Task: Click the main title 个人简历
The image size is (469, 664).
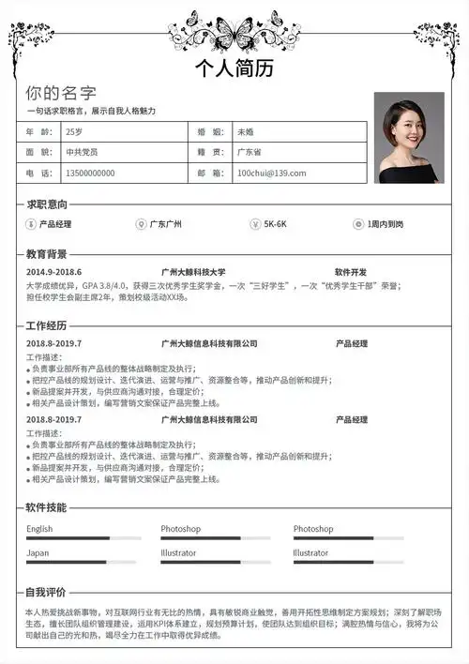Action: click(234, 68)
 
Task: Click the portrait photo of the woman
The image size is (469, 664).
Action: click(408, 137)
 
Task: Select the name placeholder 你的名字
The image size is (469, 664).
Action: click(61, 93)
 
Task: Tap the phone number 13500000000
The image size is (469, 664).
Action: click(90, 173)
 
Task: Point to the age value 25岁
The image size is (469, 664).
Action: click(74, 131)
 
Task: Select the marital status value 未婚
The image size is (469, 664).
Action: click(245, 131)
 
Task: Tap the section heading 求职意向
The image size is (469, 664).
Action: click(46, 204)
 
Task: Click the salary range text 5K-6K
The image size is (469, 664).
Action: click(275, 224)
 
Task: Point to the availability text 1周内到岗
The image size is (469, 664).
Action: click(386, 224)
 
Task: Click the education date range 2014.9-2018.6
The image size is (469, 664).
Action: click(53, 272)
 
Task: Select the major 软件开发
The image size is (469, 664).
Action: click(351, 272)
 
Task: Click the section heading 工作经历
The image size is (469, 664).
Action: click(46, 325)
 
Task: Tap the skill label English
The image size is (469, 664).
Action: click(39, 529)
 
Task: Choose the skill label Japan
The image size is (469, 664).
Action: click(38, 553)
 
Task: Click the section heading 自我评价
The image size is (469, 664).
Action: click(46, 592)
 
